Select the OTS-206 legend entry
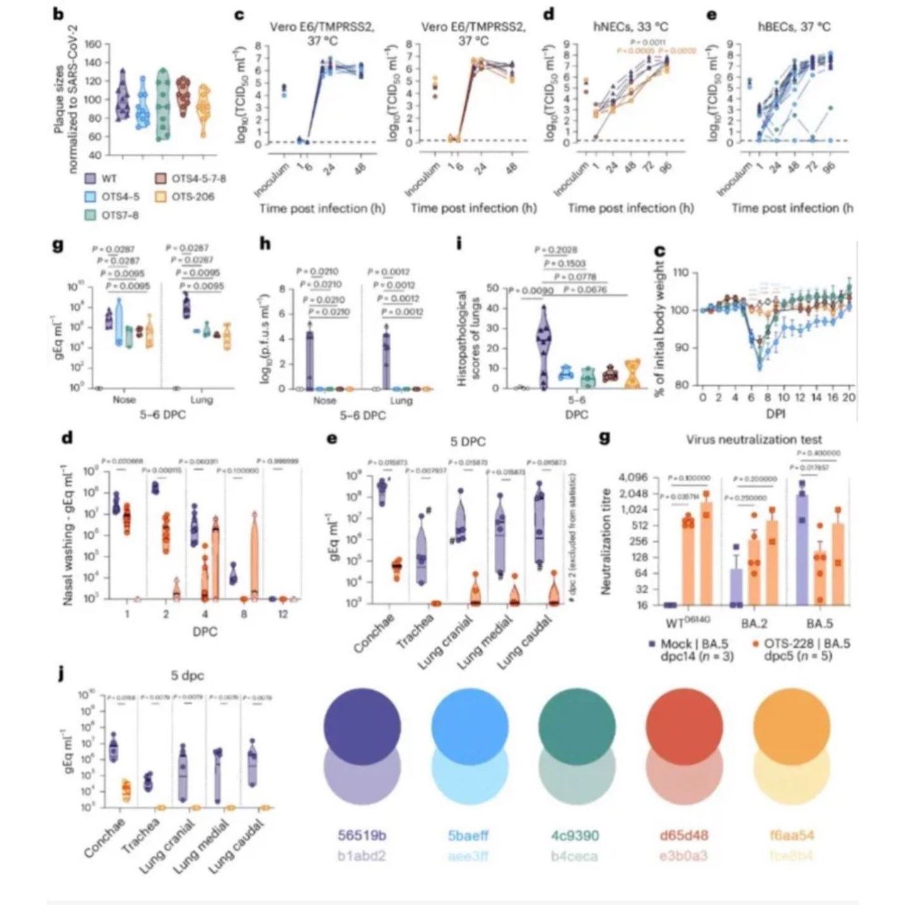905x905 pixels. coord(192,197)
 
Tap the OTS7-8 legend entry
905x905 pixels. coord(119,215)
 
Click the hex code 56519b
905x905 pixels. coord(361,836)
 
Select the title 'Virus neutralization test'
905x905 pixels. coord(754,440)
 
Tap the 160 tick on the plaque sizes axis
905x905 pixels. coord(92,44)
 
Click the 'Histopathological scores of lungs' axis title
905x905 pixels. coord(469,338)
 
